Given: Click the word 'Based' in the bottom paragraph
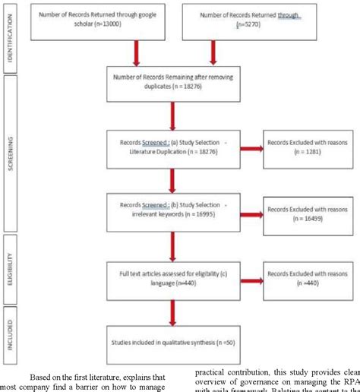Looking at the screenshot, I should (x=43, y=375).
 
